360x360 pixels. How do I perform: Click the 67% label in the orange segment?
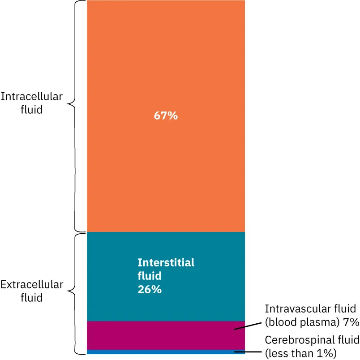166,116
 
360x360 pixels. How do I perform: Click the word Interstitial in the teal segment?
166,262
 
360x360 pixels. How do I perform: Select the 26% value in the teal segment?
150,289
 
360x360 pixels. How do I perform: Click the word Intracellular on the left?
32,97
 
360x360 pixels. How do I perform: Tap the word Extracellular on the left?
32,285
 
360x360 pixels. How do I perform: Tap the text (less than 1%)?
300,353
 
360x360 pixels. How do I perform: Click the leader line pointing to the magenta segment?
247,326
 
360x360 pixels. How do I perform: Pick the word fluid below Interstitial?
150,276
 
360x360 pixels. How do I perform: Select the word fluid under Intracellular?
32,109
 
